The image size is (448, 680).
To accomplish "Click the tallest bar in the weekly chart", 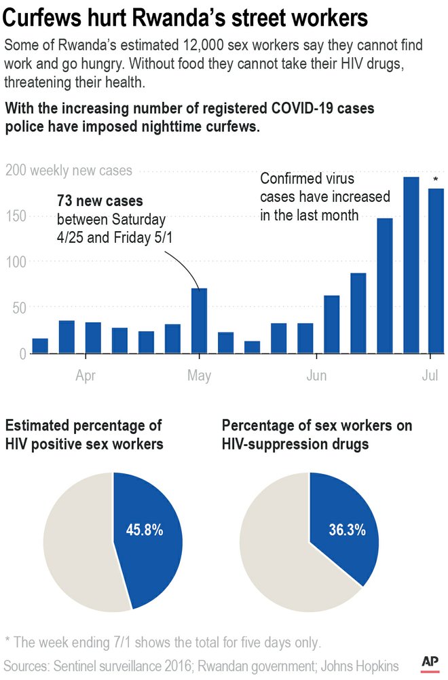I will pos(411,265).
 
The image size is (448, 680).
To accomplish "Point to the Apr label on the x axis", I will pos(86,375).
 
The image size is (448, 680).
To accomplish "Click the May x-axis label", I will pos(199,375).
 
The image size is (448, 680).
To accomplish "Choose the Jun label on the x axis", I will pos(317,375).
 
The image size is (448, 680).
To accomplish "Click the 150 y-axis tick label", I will pos(16,216).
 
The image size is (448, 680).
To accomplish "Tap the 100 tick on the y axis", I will pos(16,262).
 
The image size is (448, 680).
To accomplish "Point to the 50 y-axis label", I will pos(19,308).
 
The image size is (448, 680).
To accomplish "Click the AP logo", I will pos(429,662).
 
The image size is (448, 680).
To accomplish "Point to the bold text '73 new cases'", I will pos(100,202).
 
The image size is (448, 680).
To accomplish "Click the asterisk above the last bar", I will pos(436,180).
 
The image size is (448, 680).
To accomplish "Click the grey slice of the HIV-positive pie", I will pos(75,544).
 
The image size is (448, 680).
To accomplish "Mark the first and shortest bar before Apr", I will pos(40,345).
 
